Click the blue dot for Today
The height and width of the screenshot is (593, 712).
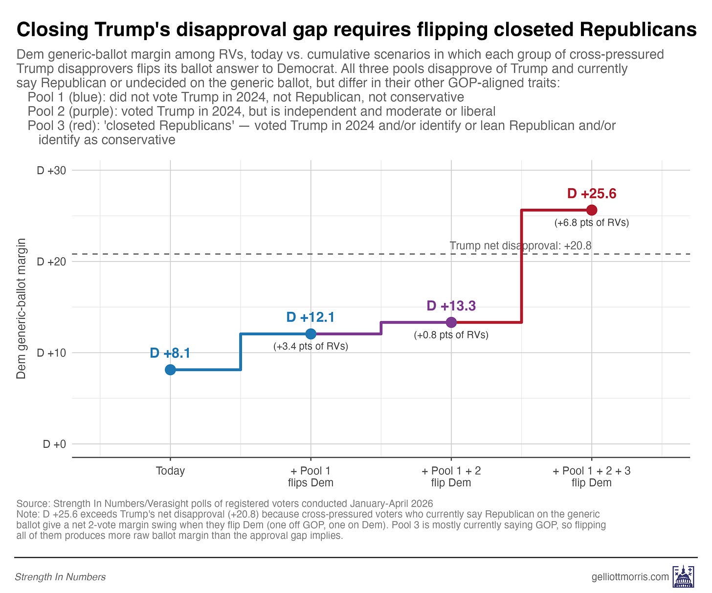170,370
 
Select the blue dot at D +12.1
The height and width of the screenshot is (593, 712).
311,333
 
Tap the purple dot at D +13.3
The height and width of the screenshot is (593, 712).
451,322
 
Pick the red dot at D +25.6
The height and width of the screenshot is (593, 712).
592,210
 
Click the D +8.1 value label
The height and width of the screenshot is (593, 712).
170,353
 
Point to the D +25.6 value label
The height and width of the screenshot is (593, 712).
592,194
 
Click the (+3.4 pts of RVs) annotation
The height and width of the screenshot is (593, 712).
311,347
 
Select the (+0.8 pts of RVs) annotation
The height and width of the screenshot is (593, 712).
451,335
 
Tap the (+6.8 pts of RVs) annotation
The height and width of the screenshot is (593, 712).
592,222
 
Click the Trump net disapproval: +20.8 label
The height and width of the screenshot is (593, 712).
520,245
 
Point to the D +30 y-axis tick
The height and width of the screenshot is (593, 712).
51,171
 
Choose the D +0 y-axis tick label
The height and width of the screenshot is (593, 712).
55,444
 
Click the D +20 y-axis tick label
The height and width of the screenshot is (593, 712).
51,262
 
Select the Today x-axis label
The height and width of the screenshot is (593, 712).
170,471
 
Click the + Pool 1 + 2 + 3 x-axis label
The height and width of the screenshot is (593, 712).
592,477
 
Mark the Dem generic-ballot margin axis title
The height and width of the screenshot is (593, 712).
21,308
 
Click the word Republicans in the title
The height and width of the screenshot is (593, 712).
638,29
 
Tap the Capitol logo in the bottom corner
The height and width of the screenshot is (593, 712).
683,577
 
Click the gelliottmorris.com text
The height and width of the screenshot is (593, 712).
630,577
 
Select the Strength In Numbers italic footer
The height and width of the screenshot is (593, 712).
60,577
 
